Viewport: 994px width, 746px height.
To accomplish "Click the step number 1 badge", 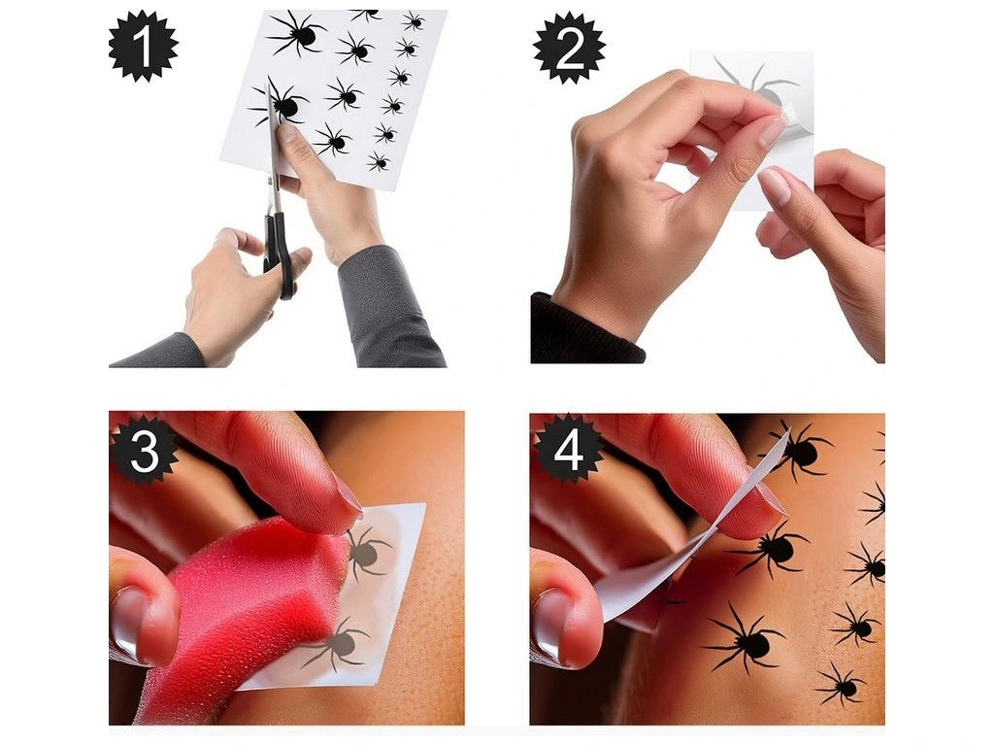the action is (143, 46).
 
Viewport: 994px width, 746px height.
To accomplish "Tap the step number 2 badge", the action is (569, 48).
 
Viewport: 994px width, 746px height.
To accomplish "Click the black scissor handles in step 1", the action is (280, 254).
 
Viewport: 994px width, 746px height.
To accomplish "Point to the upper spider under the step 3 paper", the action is (366, 553).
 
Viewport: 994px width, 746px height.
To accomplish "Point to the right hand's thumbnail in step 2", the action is (774, 186).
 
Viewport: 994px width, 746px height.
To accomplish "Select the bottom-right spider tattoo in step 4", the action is (844, 685).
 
